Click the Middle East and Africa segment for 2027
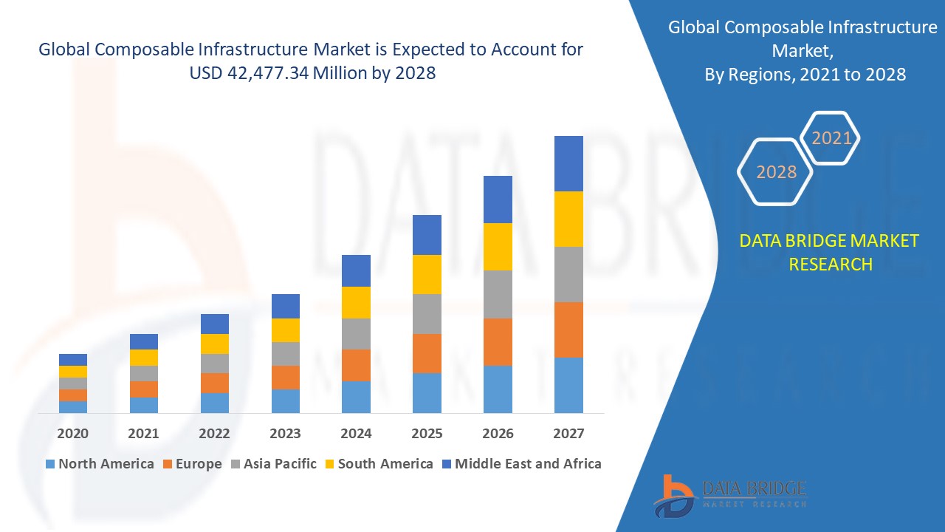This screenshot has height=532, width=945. (568, 163)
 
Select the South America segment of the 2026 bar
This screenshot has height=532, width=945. (498, 247)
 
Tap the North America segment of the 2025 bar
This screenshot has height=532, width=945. (427, 392)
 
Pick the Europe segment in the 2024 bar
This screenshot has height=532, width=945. (356, 365)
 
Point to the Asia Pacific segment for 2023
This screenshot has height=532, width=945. (286, 354)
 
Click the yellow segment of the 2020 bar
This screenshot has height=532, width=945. (73, 372)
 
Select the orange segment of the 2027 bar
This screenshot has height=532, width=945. (568, 330)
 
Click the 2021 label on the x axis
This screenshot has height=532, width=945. (143, 434)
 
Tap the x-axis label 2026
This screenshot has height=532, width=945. (498, 434)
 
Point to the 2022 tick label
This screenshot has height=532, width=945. (214, 434)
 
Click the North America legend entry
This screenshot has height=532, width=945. (99, 464)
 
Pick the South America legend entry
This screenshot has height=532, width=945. (377, 464)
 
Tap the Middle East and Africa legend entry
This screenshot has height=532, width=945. (520, 464)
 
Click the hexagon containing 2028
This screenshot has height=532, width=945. (776, 171)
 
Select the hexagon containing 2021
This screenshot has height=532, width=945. (831, 138)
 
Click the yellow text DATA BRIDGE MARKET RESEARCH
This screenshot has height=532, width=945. (830, 252)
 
